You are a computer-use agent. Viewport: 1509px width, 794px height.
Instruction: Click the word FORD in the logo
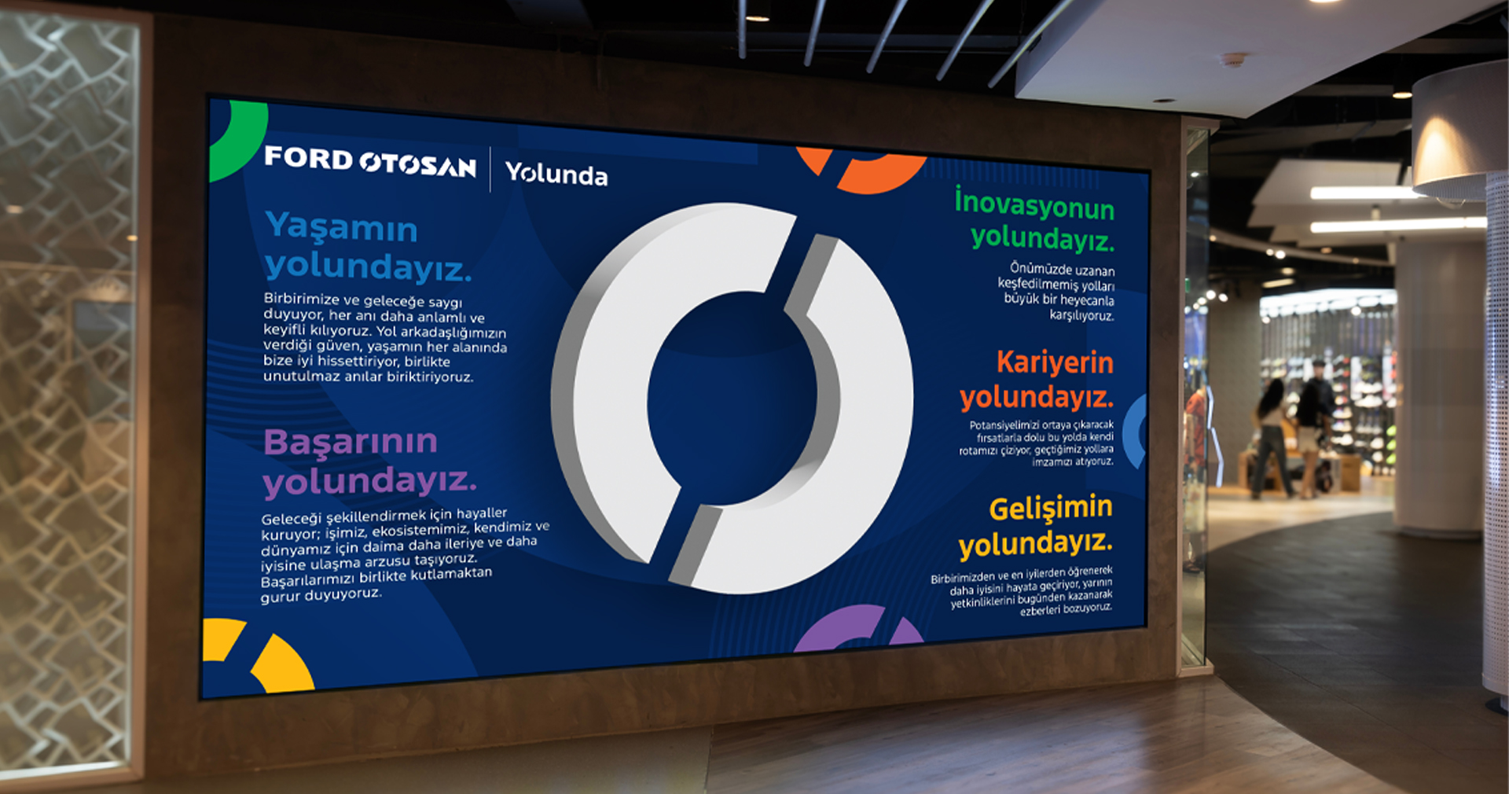308,158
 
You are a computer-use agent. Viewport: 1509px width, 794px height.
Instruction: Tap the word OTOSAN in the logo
418,164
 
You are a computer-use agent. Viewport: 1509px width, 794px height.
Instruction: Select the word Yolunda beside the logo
556,173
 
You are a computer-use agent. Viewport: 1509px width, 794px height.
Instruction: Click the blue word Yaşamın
341,226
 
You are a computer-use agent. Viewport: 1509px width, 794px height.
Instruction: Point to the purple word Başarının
350,441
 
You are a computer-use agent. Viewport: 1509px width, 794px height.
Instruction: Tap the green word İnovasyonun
1034,204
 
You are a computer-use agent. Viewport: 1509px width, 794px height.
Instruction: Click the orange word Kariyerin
1055,362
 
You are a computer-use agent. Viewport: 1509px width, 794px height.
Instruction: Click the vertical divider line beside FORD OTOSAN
490,169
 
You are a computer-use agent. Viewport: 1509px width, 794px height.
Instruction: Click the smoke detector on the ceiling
1233,60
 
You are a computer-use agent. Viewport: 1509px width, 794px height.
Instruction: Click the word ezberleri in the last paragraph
1041,610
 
